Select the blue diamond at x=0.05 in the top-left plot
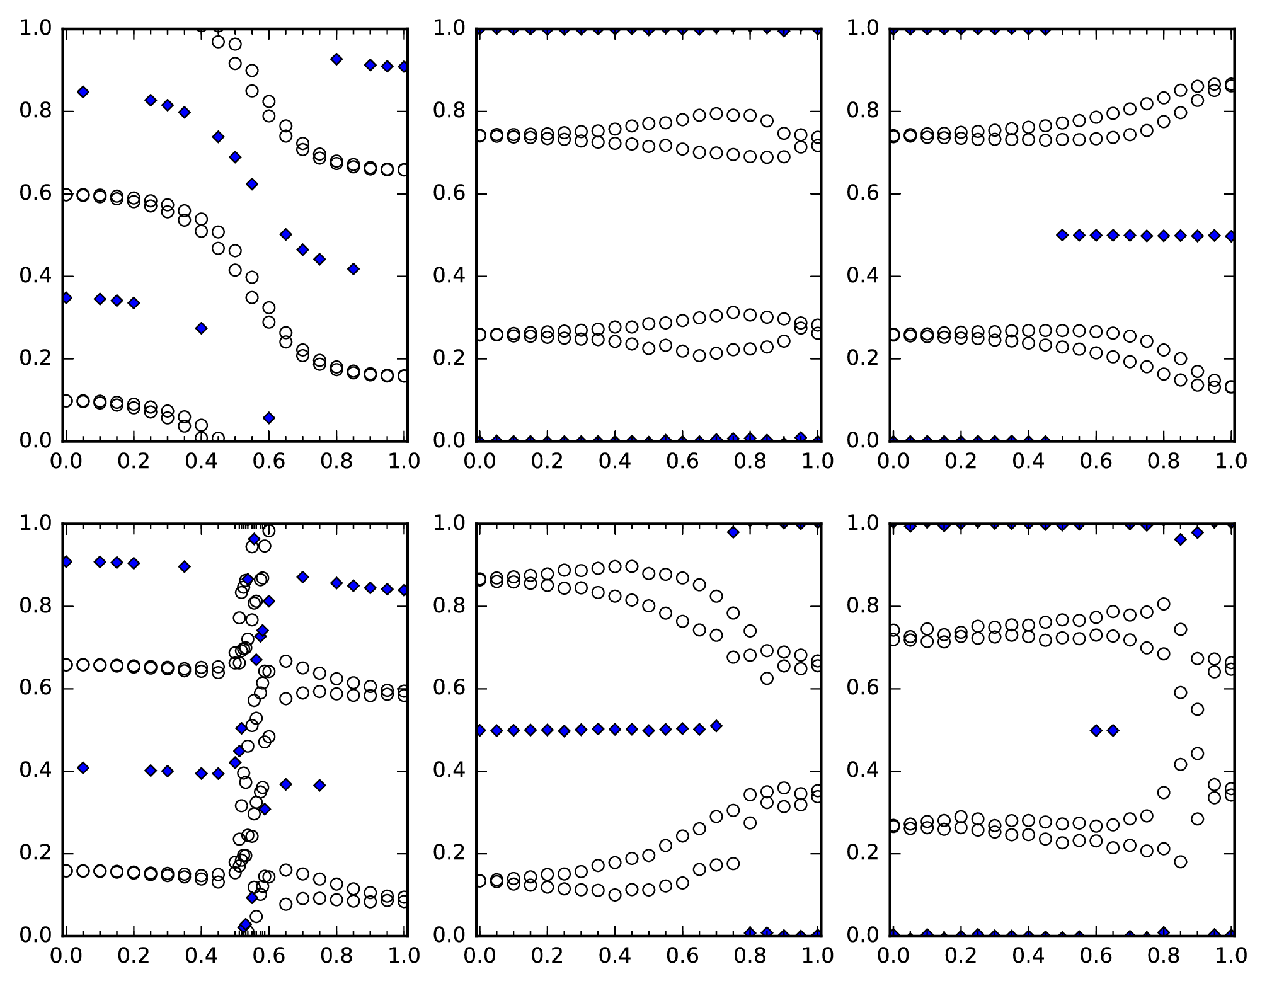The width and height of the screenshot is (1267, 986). pos(83,92)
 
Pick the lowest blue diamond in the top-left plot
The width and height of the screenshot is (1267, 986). pos(269,418)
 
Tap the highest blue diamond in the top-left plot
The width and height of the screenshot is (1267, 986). pos(336,59)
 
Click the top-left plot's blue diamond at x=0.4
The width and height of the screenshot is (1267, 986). pos(202,328)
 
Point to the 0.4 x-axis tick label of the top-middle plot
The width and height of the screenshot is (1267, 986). pos(614,461)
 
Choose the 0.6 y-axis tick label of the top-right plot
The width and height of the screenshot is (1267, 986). pos(863,194)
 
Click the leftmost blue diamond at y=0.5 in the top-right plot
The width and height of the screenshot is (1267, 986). pos(1062,235)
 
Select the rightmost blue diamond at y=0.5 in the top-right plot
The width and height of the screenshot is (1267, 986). pos(1231,236)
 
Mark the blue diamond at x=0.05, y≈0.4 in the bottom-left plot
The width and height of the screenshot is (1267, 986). pos(83,767)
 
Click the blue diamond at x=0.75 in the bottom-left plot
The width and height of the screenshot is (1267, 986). pos(319,785)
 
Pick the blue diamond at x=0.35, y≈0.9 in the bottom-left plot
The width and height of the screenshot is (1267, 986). pos(185,566)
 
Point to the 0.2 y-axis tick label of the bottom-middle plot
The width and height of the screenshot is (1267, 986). pos(449,854)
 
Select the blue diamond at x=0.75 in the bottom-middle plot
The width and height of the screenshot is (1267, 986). pos(733,532)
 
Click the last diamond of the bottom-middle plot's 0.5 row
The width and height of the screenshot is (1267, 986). pos(716,726)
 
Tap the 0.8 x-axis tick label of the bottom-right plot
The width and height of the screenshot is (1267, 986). pos(1164,956)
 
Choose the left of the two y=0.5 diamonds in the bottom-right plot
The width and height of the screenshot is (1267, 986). pos(1096,730)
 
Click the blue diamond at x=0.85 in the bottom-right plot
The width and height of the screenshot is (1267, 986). pos(1181,539)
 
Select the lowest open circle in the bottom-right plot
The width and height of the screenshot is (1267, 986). pos(1181,861)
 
